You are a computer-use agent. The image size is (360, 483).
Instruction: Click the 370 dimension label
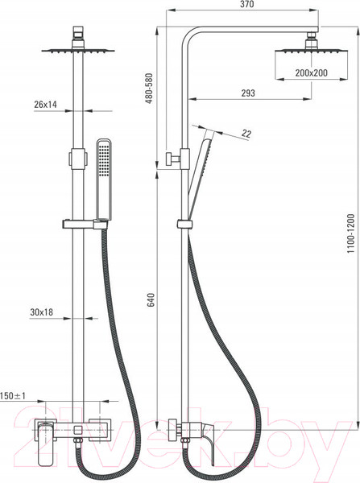[247, 4]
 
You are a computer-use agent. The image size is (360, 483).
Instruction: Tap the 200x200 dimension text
[311, 73]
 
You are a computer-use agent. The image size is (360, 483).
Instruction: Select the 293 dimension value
[248, 93]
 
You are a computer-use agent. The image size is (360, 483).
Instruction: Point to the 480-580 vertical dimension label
[149, 89]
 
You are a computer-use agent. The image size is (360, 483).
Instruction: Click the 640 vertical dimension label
[151, 299]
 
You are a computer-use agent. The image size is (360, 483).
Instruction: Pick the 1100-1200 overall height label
[351, 233]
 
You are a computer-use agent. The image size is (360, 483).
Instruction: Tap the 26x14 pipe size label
[46, 105]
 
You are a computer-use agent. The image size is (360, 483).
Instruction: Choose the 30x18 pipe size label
[42, 312]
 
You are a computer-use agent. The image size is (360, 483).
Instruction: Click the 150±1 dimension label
[13, 396]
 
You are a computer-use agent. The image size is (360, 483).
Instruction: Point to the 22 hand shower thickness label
[246, 134]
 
